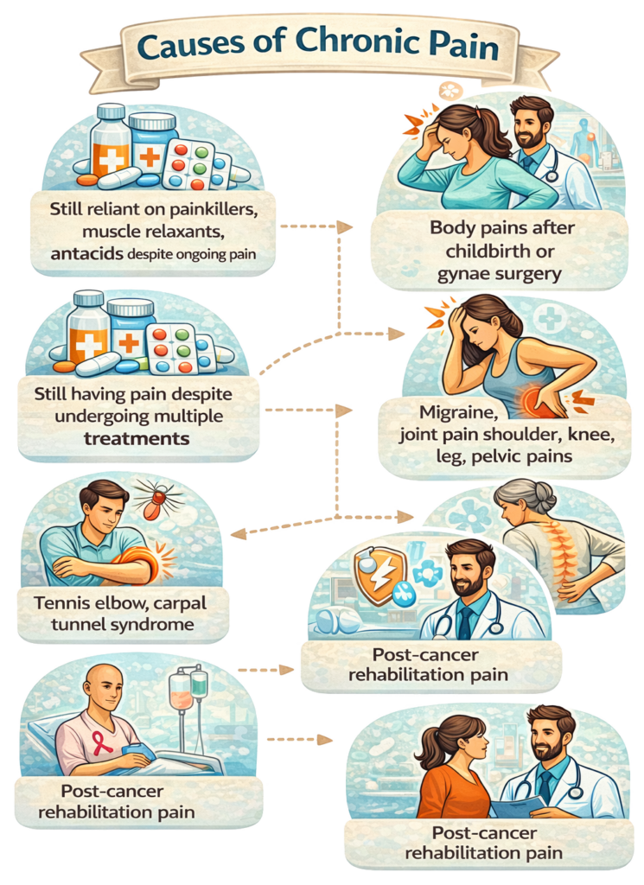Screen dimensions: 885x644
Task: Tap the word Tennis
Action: pyautogui.click(x=66, y=602)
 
